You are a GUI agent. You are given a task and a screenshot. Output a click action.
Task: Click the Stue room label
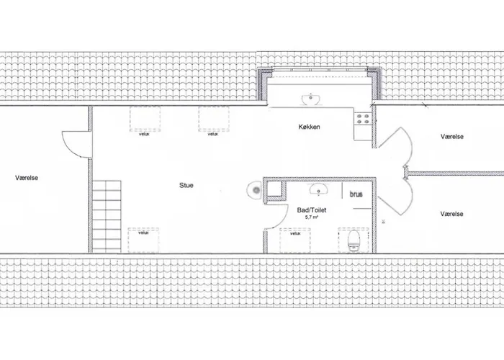click(186, 185)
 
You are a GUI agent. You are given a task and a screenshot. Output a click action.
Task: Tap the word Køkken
click(309, 127)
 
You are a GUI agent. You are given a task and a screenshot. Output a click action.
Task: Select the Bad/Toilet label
click(312, 210)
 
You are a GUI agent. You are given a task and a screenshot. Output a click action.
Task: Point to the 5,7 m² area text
click(312, 217)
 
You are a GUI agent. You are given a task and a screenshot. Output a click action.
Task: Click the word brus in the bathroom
click(356, 194)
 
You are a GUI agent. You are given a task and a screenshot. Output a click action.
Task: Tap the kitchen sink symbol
click(311, 99)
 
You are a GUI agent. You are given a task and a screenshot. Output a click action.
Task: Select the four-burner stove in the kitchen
click(363, 118)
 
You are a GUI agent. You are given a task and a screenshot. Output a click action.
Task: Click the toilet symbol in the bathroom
click(354, 240)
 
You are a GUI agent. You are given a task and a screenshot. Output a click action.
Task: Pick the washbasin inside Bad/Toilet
click(318, 189)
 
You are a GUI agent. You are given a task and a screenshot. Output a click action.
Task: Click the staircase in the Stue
click(107, 217)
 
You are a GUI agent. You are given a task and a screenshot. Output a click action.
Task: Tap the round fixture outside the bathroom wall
click(255, 190)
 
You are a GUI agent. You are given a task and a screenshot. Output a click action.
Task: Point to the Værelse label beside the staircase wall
click(27, 178)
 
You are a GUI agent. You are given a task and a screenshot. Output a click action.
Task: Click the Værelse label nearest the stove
click(452, 137)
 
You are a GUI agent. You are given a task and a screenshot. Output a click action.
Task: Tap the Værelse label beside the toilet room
click(452, 214)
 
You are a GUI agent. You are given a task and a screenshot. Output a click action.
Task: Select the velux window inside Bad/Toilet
click(295, 240)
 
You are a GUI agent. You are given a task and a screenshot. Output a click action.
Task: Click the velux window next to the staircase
click(143, 240)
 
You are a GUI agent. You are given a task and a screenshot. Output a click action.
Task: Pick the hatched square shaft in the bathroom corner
click(275, 189)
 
